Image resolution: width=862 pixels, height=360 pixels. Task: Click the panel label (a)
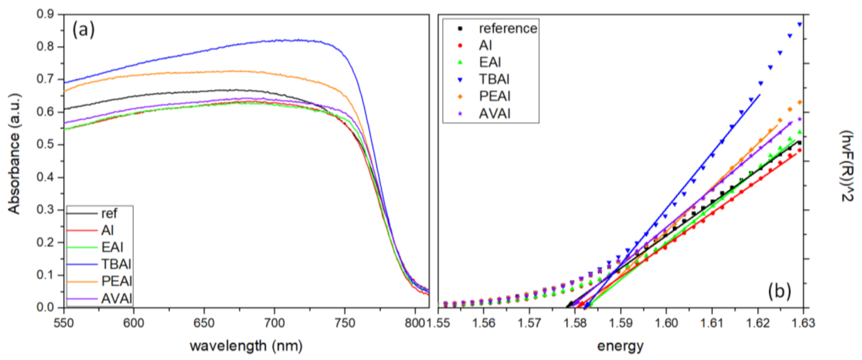[x=83, y=30]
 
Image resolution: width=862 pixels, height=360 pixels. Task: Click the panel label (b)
[x=779, y=291]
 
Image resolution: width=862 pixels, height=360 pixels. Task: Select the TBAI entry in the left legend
[x=116, y=264]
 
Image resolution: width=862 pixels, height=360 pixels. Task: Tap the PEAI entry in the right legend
[x=494, y=96]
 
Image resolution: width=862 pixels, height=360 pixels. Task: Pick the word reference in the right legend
[x=508, y=28]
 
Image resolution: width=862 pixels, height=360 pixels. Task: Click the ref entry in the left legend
[x=109, y=213]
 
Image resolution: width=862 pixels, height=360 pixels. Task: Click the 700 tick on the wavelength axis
[x=274, y=323]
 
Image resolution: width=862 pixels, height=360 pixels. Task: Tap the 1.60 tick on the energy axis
[x=666, y=323]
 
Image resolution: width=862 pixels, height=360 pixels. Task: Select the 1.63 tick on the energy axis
[x=803, y=323]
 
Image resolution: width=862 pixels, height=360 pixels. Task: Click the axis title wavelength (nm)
[x=246, y=345]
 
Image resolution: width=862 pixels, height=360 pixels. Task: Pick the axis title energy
[x=620, y=345]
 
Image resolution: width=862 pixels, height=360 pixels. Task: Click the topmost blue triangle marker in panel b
[x=800, y=25]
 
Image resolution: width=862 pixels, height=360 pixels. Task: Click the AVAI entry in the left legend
[x=116, y=298]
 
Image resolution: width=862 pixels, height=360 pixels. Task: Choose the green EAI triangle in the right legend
[x=461, y=62]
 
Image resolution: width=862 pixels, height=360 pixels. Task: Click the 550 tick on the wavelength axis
[x=64, y=323]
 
